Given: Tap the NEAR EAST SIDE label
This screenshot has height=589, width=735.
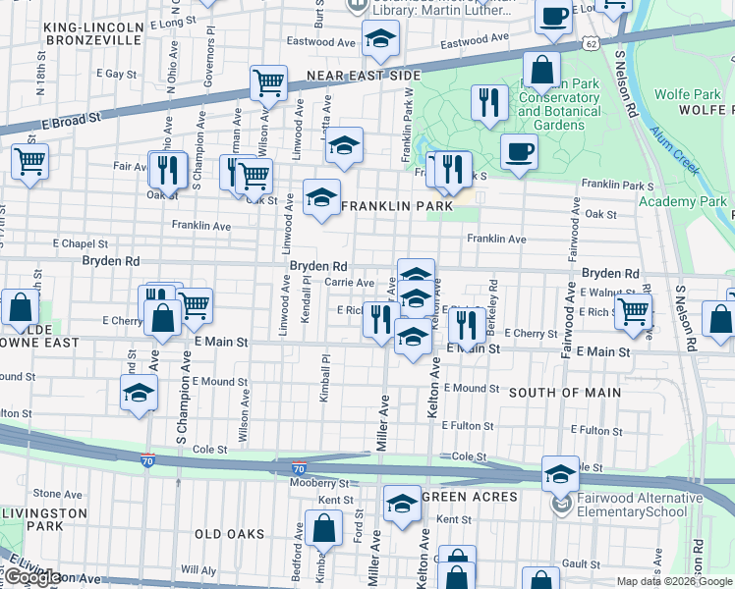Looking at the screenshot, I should pos(363,76).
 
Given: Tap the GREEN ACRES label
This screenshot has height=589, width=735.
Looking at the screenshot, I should pos(470,497).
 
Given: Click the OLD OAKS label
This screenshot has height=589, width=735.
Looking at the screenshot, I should pos(229,534).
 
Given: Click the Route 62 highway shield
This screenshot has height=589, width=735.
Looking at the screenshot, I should pos(589,44).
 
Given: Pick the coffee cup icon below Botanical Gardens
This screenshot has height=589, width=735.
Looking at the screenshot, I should pos(519,151).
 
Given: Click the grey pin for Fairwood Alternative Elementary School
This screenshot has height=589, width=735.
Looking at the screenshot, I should pos(560,505).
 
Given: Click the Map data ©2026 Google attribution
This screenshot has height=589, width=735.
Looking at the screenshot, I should pos(673,581).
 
